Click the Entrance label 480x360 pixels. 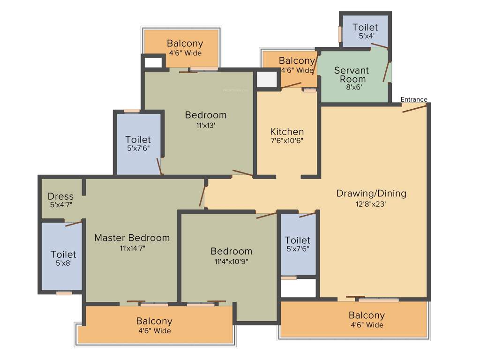(414, 99)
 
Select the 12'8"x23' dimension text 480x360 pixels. (371, 204)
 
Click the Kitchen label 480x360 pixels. (287, 132)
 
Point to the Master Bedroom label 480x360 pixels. (132, 238)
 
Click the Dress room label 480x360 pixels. (60, 196)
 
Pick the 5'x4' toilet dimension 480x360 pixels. (365, 37)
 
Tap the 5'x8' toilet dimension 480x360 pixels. (63, 263)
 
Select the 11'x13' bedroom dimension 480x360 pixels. (205, 125)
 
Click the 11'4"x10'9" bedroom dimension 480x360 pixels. (231, 261)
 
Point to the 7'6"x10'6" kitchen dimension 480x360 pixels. (287, 141)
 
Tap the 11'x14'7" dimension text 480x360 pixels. (132, 248)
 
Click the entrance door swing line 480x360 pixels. (414, 109)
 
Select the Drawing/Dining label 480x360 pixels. (371, 193)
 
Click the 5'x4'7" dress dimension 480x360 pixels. (60, 205)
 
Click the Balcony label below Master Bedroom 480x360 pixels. (154, 321)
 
